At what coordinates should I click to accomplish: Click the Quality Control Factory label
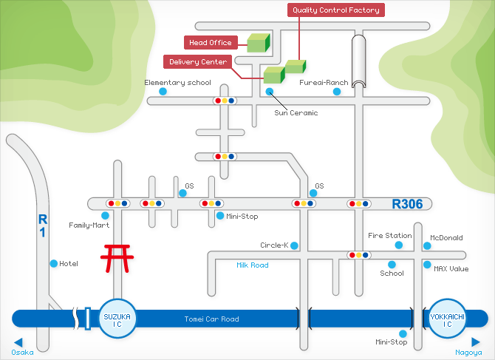[x=336, y=10]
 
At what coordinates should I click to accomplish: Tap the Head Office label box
[x=211, y=43]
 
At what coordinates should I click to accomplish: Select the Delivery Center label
[x=198, y=61]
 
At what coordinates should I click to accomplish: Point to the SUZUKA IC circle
[x=117, y=319]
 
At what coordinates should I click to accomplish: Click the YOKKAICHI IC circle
[x=448, y=319]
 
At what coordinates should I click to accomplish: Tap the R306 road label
[x=407, y=203]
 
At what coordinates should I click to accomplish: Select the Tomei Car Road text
[x=211, y=319]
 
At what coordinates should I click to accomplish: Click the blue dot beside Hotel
[x=53, y=263]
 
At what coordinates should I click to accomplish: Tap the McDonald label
[x=446, y=238]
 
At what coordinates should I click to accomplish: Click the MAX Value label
[x=451, y=269]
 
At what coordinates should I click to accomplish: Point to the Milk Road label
[x=253, y=265]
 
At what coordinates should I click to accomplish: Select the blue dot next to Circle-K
[x=294, y=245]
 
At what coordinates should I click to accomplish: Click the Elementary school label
[x=177, y=83]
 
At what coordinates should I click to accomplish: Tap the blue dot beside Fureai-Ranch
[x=336, y=92]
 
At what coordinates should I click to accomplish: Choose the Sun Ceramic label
[x=296, y=113]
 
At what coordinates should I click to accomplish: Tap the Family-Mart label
[x=89, y=225]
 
